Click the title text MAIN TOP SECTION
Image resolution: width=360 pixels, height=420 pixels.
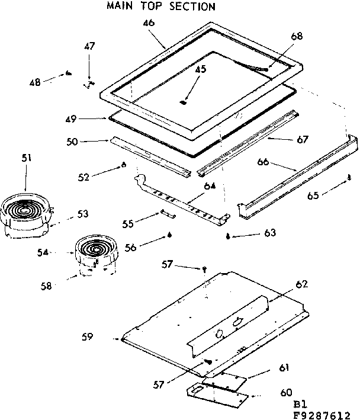coord(152,7)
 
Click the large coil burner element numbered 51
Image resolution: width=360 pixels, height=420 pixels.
coord(25,210)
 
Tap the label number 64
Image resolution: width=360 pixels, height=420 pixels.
coord(209,187)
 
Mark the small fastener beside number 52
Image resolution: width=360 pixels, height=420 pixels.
coord(123,165)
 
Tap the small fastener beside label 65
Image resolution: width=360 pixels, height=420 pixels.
coord(349,177)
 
